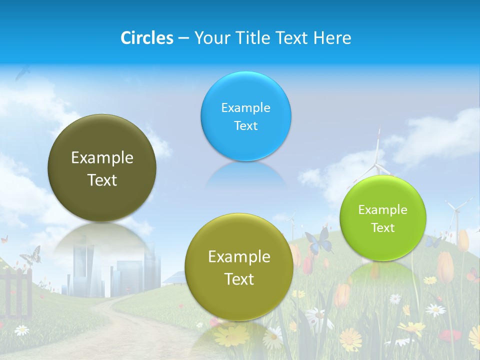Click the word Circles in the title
146,38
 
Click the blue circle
245,116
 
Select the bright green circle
382,218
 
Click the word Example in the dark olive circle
102,158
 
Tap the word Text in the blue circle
245,125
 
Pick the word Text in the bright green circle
382,227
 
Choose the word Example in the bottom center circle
239,257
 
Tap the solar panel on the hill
174,277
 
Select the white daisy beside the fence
21,330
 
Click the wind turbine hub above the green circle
378,165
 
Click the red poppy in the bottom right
452,335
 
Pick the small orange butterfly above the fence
4,239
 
